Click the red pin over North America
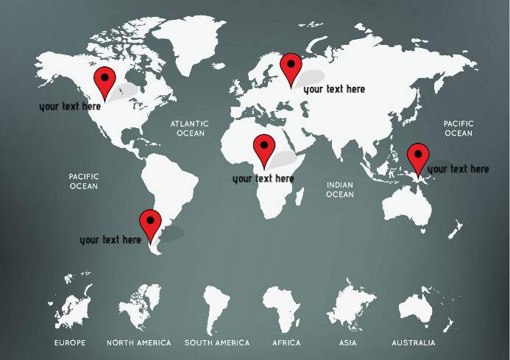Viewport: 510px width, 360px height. (105, 80)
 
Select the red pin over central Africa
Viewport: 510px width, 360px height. (263, 149)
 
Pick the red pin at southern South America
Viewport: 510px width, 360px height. (151, 223)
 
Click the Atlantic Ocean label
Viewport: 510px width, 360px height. (190, 129)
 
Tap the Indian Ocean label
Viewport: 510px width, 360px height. (340, 190)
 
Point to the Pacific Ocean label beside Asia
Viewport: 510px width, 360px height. (458, 129)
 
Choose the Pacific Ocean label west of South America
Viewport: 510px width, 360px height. (84, 181)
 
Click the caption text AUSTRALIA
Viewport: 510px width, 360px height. (413, 343)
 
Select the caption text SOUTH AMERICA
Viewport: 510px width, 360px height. (217, 343)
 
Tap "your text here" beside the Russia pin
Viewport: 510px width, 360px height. (334, 89)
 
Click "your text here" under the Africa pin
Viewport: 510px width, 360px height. (263, 178)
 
